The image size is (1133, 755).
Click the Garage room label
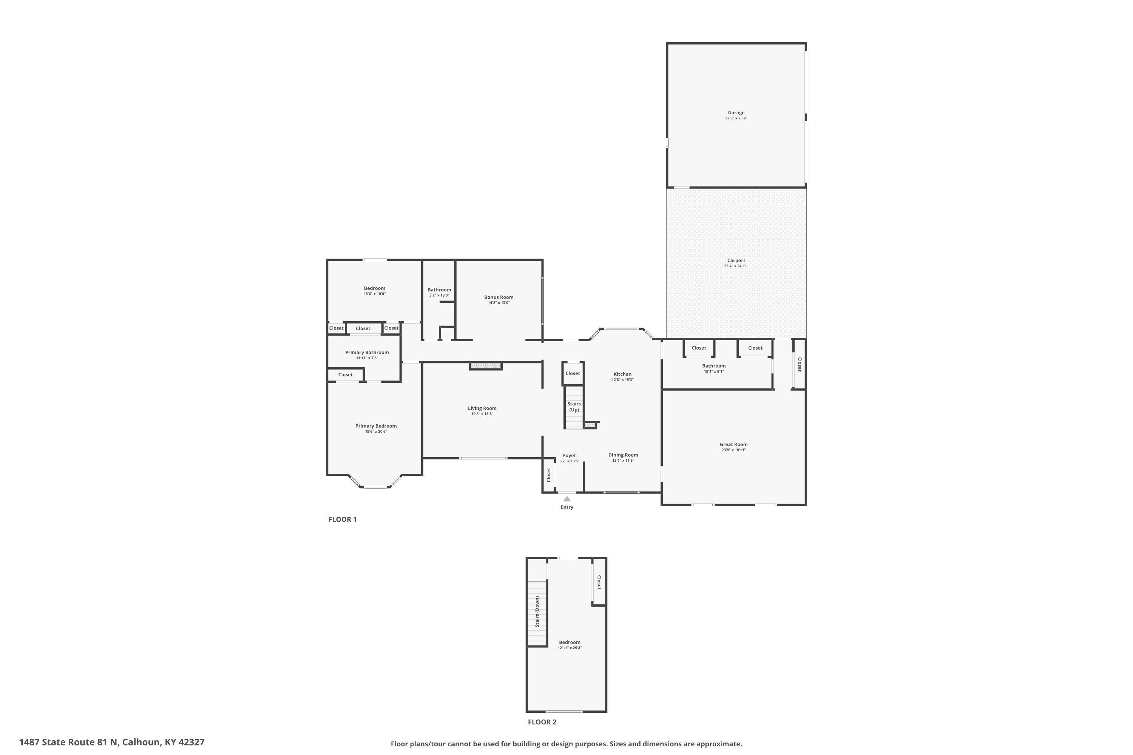pyautogui.click(x=736, y=112)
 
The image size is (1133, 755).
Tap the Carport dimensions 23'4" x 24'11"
pyautogui.click(x=736, y=266)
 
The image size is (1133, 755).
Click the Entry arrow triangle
pyautogui.click(x=567, y=499)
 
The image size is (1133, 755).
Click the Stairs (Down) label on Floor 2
pyautogui.click(x=537, y=612)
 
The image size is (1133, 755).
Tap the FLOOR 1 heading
pyautogui.click(x=342, y=519)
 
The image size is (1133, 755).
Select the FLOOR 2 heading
pyautogui.click(x=542, y=722)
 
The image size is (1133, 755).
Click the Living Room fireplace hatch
pyautogui.click(x=486, y=366)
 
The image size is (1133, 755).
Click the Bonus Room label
pyautogui.click(x=499, y=297)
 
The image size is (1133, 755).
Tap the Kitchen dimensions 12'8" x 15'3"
pyautogui.click(x=622, y=380)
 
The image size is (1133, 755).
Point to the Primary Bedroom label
pyautogui.click(x=376, y=426)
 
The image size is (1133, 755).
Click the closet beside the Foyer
pyautogui.click(x=548, y=475)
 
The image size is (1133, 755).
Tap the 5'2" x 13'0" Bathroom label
pyautogui.click(x=439, y=296)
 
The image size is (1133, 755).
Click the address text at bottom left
pyautogui.click(x=112, y=742)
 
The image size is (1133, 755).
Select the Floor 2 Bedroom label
pyautogui.click(x=570, y=643)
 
